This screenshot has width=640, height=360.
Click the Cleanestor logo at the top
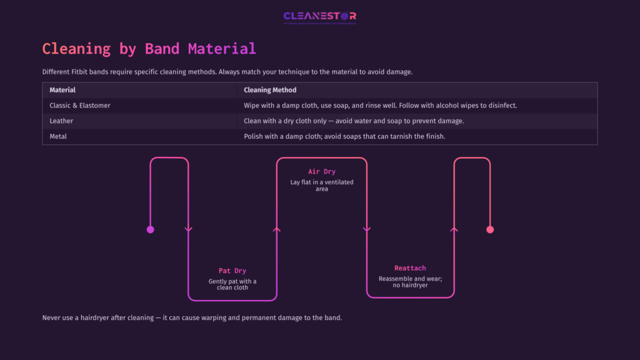(x=319, y=17)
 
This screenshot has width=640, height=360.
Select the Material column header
(x=62, y=90)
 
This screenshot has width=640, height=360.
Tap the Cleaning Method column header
(x=270, y=90)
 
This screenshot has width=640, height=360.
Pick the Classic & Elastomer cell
(x=80, y=106)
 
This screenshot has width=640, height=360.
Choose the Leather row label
(x=61, y=121)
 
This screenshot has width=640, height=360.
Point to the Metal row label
(x=58, y=136)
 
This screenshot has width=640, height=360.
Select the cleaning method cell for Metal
(x=344, y=136)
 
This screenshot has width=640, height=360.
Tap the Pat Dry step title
(x=232, y=271)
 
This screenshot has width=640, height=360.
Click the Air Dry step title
(x=322, y=171)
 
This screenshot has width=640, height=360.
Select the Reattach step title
(x=410, y=268)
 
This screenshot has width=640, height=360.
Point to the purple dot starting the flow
(x=150, y=229)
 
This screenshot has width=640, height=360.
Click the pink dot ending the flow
(x=490, y=229)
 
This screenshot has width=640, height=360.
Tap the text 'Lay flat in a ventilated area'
(x=322, y=185)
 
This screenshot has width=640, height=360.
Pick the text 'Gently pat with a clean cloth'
(x=232, y=284)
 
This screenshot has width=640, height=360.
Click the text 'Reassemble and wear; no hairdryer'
(x=410, y=282)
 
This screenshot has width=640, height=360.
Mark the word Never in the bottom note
(x=52, y=317)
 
